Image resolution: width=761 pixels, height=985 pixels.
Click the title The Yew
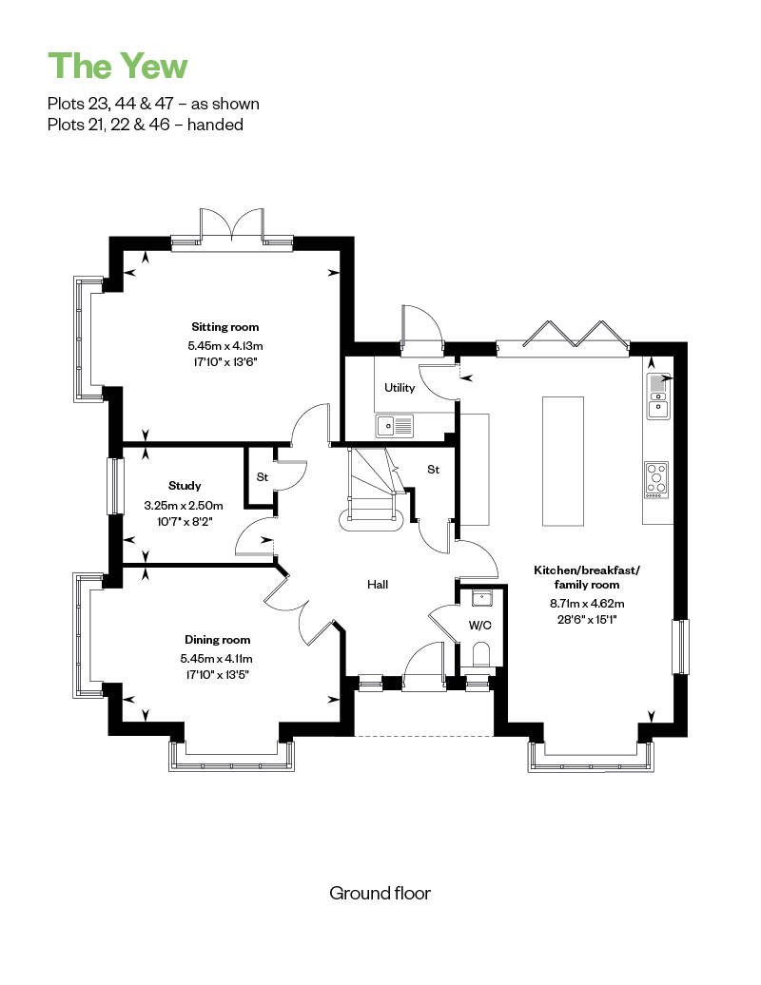coord(118,66)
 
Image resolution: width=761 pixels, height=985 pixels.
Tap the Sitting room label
coord(224,327)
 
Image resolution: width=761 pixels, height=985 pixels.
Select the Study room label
coord(184,486)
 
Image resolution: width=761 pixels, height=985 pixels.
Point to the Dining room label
coord(217,640)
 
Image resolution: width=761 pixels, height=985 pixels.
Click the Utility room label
coord(399,388)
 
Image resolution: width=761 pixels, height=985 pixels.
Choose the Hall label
coord(378,585)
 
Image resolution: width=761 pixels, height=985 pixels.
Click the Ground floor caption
coord(380,893)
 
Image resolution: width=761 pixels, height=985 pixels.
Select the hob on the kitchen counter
coord(656,480)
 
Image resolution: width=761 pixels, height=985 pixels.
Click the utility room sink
coord(396,426)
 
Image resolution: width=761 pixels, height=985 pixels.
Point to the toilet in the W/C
coord(480,655)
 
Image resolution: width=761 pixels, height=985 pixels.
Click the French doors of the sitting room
coord(231,228)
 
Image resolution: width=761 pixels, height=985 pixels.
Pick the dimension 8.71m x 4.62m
coord(586,603)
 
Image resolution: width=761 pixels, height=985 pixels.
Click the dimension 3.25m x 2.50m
coord(184,505)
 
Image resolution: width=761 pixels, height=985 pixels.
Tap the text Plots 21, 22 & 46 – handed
coord(146,125)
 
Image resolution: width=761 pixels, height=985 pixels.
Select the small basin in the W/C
coord(480,598)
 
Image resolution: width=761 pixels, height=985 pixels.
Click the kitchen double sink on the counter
coord(657,396)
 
